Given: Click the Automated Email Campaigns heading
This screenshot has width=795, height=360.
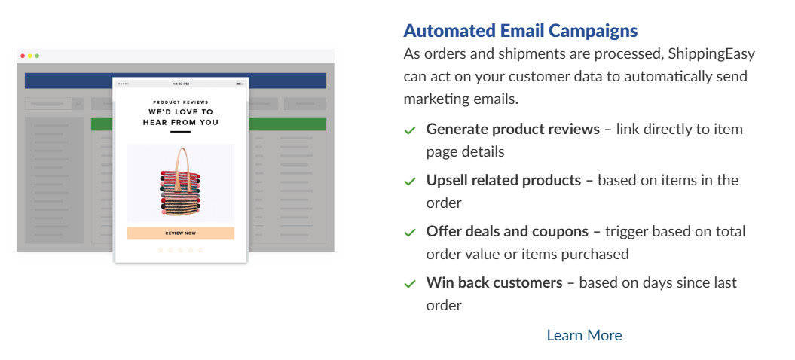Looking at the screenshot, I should (x=520, y=31).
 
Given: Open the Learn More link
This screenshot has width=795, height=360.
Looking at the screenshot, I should (x=584, y=335).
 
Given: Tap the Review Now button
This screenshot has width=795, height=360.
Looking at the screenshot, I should (x=180, y=233).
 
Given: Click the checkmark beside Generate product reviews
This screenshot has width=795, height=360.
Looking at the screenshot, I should (x=410, y=130).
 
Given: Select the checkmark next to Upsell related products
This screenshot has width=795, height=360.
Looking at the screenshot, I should (x=410, y=182).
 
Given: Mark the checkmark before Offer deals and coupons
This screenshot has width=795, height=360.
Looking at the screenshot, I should (x=410, y=233).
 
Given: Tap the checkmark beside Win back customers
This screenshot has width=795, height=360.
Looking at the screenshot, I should (x=410, y=284).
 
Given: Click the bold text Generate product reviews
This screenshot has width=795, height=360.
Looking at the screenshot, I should (x=512, y=129).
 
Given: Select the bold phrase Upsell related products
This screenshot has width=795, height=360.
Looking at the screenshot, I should (x=503, y=180).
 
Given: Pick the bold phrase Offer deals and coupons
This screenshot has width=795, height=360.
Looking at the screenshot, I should (x=507, y=231).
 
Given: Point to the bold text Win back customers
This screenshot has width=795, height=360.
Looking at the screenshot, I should (x=494, y=282).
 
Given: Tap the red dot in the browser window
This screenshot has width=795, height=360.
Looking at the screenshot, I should (x=23, y=56).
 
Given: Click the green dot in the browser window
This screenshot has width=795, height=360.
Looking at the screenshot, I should (x=37, y=56).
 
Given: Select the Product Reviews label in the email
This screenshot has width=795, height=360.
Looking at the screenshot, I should (x=180, y=102).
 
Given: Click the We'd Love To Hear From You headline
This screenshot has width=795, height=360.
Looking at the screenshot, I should (x=180, y=117).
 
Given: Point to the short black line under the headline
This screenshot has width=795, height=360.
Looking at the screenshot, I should (x=180, y=132).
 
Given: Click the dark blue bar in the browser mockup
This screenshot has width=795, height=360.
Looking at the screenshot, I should (x=68, y=81).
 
